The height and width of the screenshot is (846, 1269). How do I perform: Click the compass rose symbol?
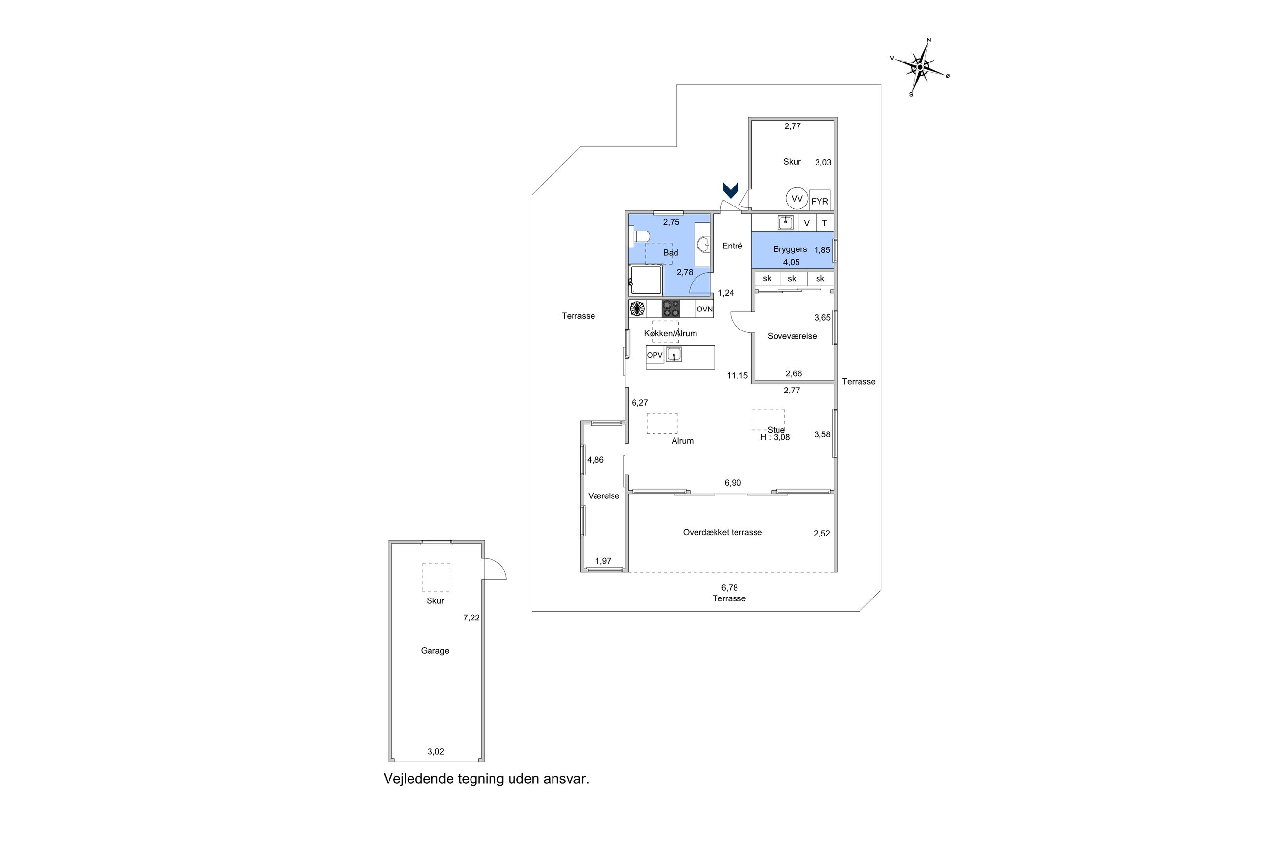(x=920, y=67)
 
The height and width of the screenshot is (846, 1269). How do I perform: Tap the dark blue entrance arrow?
(x=730, y=190)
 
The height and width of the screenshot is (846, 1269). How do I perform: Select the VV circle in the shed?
(x=797, y=199)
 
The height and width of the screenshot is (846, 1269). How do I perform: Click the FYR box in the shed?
(x=819, y=201)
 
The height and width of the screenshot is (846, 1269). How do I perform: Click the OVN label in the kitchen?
(x=704, y=309)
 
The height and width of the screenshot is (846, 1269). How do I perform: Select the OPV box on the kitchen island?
(x=655, y=355)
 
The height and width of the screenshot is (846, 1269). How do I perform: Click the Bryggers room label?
(x=790, y=249)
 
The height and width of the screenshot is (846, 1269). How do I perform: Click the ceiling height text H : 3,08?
(x=775, y=437)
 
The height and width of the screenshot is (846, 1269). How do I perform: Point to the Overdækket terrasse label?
(x=722, y=532)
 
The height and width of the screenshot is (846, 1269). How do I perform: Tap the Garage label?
(x=435, y=651)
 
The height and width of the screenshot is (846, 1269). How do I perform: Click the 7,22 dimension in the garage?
(x=471, y=618)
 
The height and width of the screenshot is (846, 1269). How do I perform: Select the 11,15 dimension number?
(x=737, y=375)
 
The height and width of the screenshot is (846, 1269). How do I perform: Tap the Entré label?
(x=732, y=246)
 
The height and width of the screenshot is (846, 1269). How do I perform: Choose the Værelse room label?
(x=603, y=496)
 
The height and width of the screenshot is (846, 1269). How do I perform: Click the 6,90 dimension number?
(x=733, y=483)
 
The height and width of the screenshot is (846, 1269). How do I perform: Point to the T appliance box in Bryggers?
(x=824, y=223)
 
